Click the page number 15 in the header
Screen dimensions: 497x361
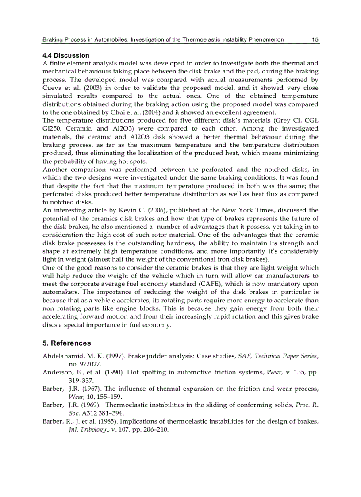[315, 40]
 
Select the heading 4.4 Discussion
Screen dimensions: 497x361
[66, 55]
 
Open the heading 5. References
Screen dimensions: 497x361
[67, 343]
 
